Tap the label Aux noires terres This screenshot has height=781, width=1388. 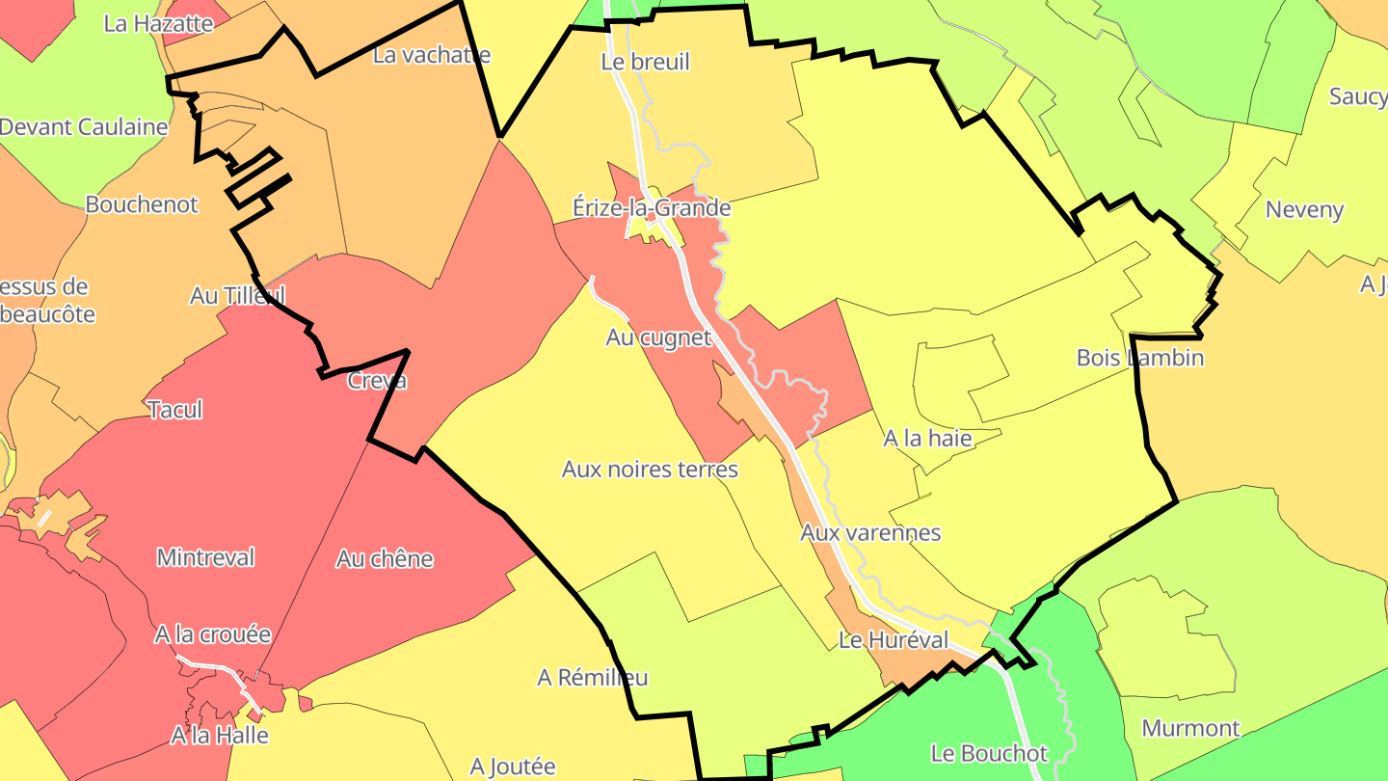pos(650,470)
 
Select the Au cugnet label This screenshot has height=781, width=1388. pos(658,337)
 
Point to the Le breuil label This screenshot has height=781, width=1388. pos(645,62)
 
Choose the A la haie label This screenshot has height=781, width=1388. pos(927,439)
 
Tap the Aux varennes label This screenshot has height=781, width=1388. pos(870,532)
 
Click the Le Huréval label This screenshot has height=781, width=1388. pos(894,639)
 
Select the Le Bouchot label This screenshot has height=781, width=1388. pos(989,753)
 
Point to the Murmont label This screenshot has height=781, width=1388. pos(1190,728)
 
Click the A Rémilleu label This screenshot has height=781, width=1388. pos(592,678)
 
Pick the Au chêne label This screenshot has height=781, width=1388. pos(385,558)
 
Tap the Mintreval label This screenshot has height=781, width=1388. pos(205,557)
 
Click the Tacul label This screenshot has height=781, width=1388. pos(175,410)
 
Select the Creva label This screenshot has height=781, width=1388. pos(377,381)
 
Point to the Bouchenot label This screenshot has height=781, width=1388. pos(142,204)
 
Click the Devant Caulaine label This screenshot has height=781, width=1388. pos(84,126)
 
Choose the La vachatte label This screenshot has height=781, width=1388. pos(431,55)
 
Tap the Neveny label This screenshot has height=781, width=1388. pos(1304,209)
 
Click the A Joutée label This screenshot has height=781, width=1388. pos(513,767)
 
